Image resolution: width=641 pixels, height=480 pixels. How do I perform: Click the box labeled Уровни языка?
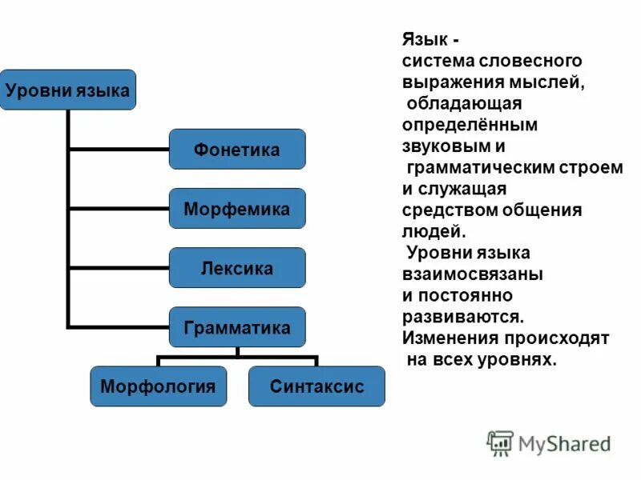click(x=67, y=90)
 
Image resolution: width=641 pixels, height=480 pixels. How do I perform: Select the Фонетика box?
click(x=236, y=150)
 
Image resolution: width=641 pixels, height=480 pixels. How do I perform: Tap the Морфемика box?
click(x=236, y=209)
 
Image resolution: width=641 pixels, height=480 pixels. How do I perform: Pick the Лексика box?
click(x=236, y=268)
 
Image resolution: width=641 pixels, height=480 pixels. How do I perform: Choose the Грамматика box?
click(x=236, y=327)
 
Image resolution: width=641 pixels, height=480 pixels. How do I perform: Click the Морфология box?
click(x=158, y=386)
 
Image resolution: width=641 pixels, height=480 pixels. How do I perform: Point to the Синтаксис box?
click(x=316, y=386)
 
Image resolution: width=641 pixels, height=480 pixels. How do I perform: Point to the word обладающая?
click(x=465, y=104)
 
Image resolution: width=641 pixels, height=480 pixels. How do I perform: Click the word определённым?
click(x=470, y=126)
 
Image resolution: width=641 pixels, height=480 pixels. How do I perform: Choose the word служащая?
click(x=469, y=190)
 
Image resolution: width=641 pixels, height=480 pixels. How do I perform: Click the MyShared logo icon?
click(x=500, y=442)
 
